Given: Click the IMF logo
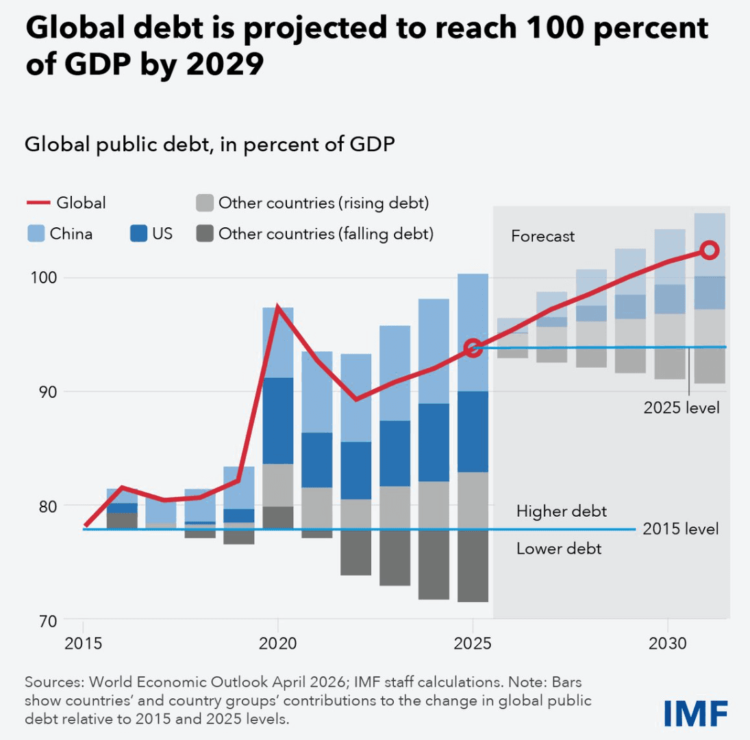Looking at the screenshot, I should pos(696,713).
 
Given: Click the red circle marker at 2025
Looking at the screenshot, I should pos(472,348).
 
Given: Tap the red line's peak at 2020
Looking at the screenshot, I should pos(277,307).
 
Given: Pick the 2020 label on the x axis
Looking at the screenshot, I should pos(277,644).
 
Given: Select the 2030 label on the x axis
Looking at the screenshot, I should pos(667,644).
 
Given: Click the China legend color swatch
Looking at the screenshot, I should pos(35,234).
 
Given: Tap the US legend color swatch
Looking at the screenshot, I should pos(138,234).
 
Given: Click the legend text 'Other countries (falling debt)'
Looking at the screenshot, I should pos(326,234).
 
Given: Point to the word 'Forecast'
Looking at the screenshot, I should pos(543,237).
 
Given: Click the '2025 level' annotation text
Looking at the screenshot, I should pos(681,408).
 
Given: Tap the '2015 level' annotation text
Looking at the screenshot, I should pos(681,529).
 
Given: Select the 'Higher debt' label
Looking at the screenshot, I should pos(562,511).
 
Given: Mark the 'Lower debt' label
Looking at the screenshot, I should pos(559,549).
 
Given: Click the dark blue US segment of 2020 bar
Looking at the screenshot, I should pos(277,421).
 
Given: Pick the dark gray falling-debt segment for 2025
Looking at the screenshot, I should pos(472,566).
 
